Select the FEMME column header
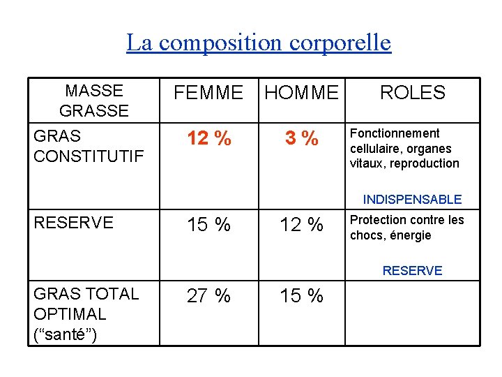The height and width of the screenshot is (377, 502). (208, 92)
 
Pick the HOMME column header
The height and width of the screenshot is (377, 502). (301, 92)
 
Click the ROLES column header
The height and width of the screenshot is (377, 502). (412, 92)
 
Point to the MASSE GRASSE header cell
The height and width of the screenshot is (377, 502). (94, 101)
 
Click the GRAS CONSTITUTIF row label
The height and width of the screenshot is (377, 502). (89, 146)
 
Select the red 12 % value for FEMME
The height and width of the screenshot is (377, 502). (208, 139)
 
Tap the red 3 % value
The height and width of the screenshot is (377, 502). (301, 139)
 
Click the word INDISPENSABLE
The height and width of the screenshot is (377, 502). (412, 200)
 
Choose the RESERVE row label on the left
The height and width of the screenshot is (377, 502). (73, 223)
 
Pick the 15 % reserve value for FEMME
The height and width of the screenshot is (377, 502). (208, 225)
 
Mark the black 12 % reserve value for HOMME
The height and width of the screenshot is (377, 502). (301, 225)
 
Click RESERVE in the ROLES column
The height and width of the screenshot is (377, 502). (412, 271)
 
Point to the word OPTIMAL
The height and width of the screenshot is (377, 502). (70, 314)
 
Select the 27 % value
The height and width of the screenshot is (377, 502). (208, 296)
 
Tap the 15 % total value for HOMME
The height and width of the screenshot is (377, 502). (301, 296)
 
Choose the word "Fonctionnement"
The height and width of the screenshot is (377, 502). (395, 133)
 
